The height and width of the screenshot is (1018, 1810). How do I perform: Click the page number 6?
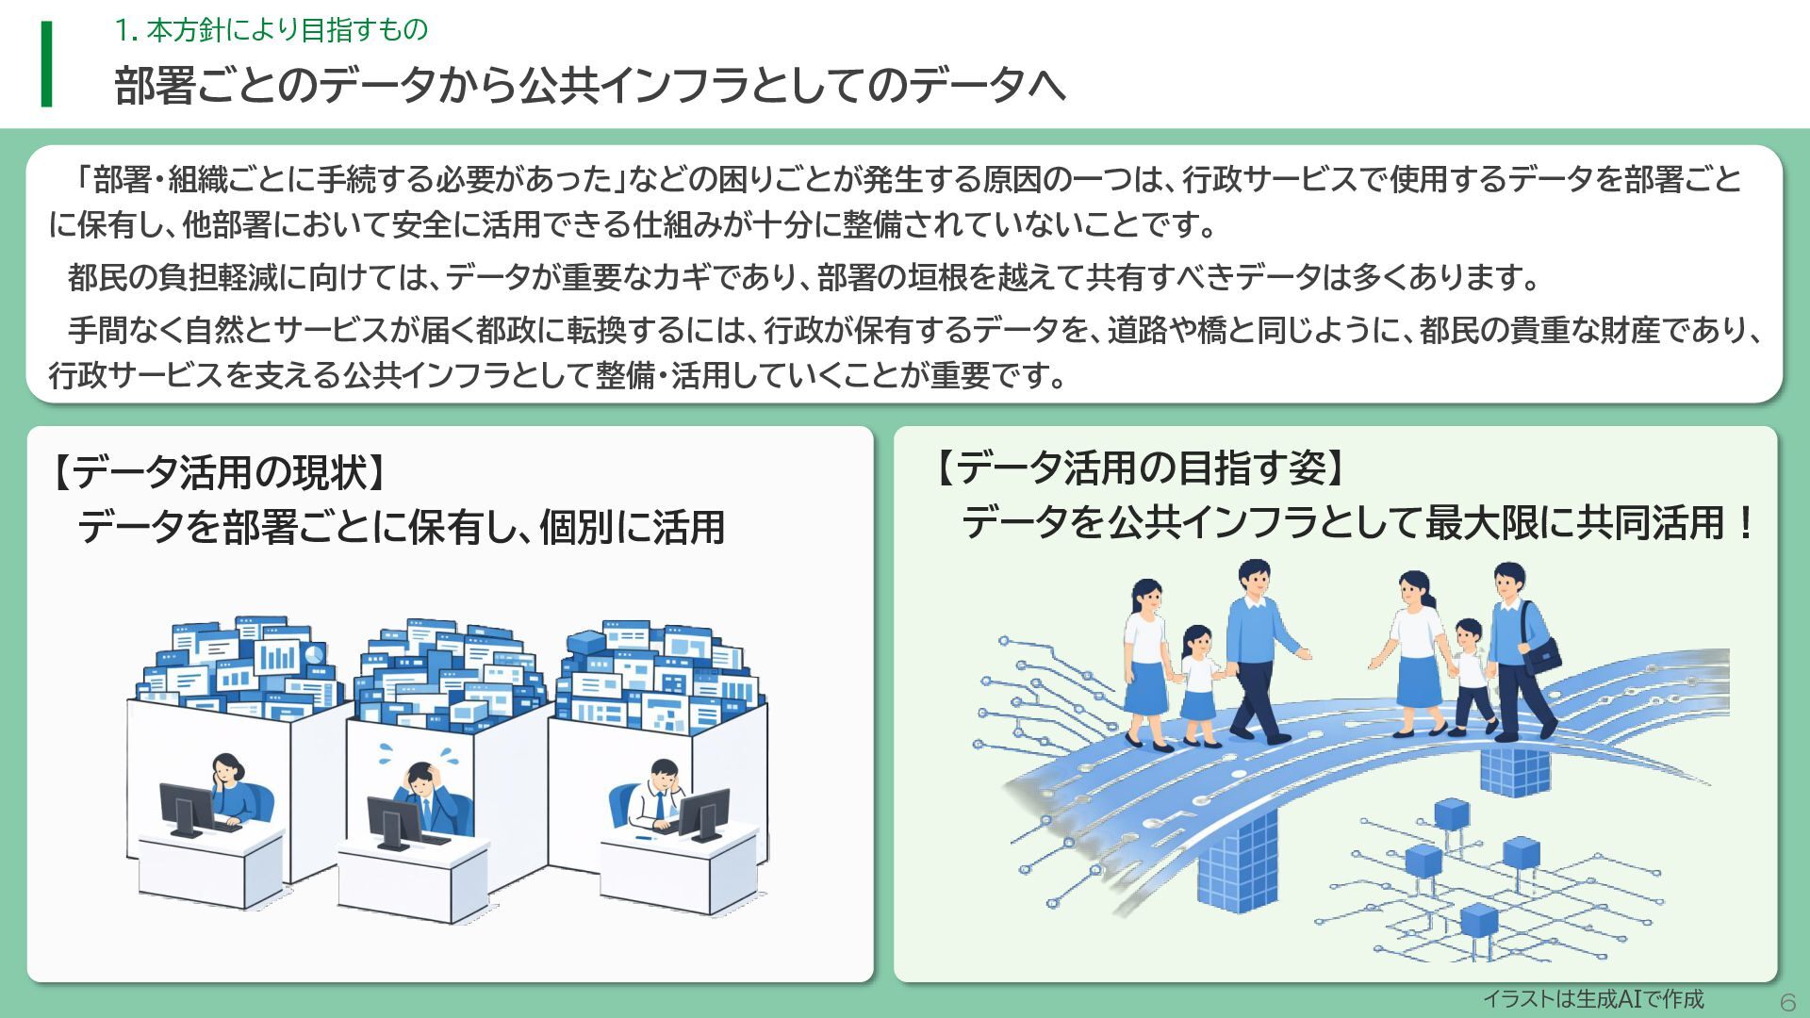[x=1787, y=1001]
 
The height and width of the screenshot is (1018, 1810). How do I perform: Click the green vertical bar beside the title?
[x=46, y=64]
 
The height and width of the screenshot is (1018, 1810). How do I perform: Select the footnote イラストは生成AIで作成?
[x=1592, y=999]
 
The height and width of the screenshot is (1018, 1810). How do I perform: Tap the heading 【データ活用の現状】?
[x=219, y=471]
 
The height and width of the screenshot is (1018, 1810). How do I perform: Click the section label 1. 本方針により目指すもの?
[x=271, y=30]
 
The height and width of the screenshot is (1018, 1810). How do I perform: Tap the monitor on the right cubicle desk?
[x=703, y=813]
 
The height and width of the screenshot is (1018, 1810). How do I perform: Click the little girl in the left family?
[x=1196, y=683]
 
